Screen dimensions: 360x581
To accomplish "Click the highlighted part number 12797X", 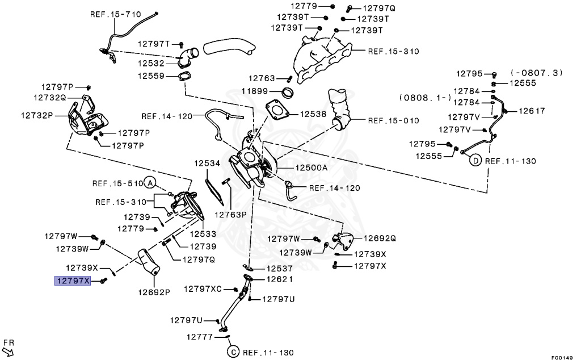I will coord(73,281).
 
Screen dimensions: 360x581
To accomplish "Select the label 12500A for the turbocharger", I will coord(311,168).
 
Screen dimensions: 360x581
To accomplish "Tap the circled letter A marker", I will coord(149,183).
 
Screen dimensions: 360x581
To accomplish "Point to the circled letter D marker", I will coord(475,161).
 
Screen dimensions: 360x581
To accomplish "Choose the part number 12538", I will coord(313,114).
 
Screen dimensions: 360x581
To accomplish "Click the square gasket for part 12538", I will coord(277,111).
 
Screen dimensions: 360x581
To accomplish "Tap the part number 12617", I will coord(532,111).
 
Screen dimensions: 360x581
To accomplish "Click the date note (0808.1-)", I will coord(425,97).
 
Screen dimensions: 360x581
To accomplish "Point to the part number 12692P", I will coord(153,292).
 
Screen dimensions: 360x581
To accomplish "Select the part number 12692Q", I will coord(380,238).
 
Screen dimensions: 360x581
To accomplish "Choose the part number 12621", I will coord(278,279).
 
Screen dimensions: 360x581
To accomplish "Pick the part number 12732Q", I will coord(50,97).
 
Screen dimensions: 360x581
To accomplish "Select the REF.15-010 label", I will coord(393,120).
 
